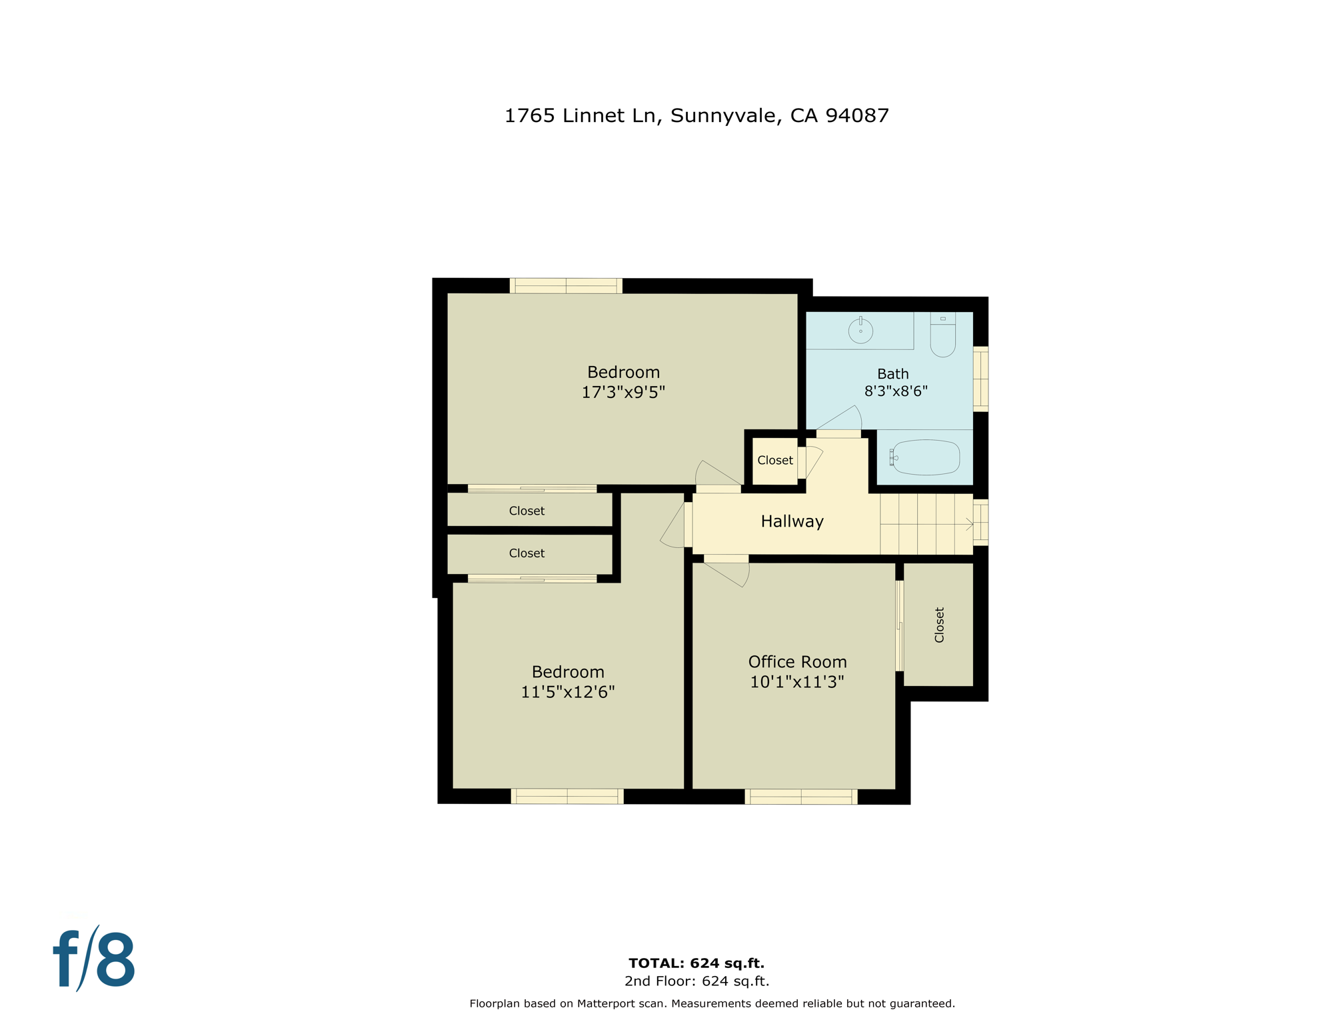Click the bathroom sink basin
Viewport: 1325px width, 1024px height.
[860, 331]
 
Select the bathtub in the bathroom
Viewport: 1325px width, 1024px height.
[926, 457]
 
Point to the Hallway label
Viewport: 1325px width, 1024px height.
[792, 521]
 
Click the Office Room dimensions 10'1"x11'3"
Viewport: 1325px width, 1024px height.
[796, 682]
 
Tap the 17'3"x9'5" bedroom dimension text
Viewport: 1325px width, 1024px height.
[623, 392]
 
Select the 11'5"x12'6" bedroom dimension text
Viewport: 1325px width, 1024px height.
[567, 692]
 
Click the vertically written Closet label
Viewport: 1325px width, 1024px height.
[939, 625]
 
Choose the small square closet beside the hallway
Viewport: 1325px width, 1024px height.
[774, 460]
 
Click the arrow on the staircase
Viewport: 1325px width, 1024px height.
[969, 525]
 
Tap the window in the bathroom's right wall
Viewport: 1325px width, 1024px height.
[980, 378]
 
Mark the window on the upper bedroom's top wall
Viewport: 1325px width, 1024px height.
[566, 286]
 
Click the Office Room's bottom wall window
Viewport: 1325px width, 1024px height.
[800, 797]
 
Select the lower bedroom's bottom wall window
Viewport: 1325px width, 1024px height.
[567, 796]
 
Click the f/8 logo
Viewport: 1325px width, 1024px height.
[94, 958]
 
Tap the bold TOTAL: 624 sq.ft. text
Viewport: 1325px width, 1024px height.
[696, 963]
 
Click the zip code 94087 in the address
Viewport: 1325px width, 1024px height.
[856, 116]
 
